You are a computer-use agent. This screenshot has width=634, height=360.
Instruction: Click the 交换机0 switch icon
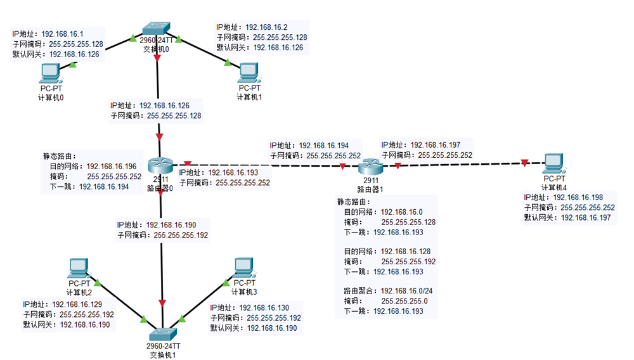pyautogui.click(x=157, y=29)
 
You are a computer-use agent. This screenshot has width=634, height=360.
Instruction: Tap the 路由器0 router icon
pyautogui.click(x=160, y=166)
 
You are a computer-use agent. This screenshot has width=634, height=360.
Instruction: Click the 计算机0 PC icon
pyautogui.click(x=50, y=75)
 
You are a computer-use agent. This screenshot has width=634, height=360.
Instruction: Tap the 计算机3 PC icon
pyautogui.click(x=243, y=266)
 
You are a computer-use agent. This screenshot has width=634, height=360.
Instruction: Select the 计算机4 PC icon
pyautogui.click(x=555, y=164)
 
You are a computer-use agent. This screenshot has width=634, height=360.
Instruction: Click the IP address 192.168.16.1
pyautogui.click(x=62, y=34)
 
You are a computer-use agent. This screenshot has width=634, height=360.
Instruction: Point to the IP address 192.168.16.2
pyautogui.click(x=266, y=27)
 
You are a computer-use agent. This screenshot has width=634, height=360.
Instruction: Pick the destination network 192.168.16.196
pyautogui.click(x=112, y=166)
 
